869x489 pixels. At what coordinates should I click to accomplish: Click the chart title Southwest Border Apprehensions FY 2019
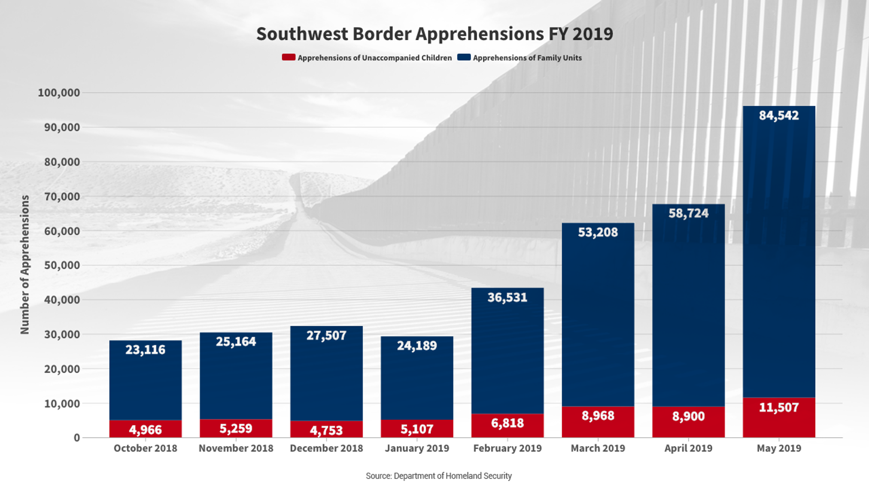434,34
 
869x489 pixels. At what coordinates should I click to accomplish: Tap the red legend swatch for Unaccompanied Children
288,57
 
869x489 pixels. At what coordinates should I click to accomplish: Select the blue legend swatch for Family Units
463,57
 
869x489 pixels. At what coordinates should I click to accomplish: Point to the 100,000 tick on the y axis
59,92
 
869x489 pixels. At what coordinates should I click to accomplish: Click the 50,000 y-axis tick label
62,265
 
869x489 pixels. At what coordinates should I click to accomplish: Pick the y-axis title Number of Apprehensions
25,265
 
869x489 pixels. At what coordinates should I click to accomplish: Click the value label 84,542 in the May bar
778,115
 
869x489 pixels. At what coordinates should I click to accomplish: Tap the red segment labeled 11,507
778,418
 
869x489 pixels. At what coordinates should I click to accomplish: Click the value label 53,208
597,232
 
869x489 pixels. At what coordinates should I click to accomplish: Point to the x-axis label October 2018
145,448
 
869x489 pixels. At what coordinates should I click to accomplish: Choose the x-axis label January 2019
417,448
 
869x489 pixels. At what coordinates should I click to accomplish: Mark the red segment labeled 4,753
326,429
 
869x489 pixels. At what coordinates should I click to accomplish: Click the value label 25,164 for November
236,342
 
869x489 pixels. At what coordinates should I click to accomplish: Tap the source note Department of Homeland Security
439,476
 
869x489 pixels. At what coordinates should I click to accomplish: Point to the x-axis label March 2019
597,448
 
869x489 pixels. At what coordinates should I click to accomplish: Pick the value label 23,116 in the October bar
145,349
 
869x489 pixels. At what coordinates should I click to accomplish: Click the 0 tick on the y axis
76,438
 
